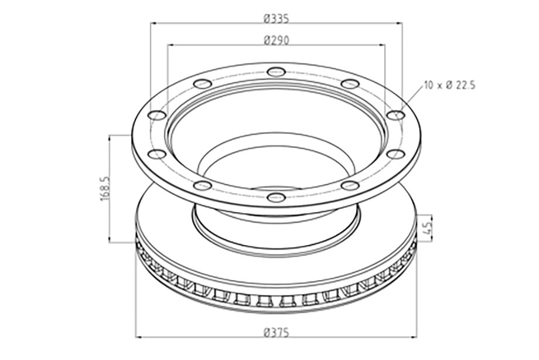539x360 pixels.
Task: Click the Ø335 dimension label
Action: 277,18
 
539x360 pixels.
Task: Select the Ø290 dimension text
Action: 277,40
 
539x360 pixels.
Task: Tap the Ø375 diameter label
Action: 277,333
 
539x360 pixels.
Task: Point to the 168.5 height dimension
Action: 105,189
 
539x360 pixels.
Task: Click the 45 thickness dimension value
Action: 427,228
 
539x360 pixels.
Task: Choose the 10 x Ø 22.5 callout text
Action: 449,86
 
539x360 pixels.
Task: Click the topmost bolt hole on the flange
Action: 276,72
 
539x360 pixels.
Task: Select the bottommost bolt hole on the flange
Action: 276,198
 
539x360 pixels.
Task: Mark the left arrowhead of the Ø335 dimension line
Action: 153,23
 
